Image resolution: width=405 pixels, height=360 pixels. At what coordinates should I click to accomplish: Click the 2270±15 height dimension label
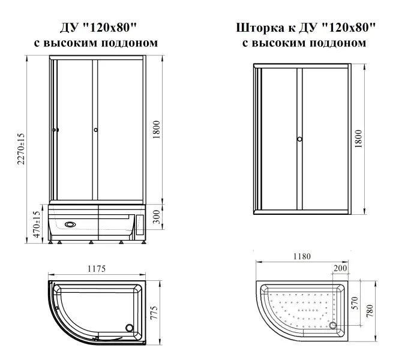coord(21,149)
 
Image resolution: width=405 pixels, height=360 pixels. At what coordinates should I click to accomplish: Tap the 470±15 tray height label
coord(37,224)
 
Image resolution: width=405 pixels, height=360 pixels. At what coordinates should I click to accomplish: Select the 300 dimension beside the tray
coord(157,217)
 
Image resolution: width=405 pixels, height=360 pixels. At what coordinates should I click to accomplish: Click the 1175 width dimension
coord(97,269)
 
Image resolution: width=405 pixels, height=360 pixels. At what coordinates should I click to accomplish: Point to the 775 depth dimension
coord(154,313)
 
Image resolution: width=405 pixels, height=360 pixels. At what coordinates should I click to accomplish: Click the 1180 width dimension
coord(302,256)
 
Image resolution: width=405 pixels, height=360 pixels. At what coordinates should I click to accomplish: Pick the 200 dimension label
coord(340,268)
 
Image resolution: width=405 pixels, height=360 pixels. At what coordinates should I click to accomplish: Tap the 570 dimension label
coord(355,303)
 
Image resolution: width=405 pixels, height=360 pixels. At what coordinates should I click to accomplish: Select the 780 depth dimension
coord(370,311)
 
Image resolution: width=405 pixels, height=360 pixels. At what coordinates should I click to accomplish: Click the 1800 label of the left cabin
coord(157,130)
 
